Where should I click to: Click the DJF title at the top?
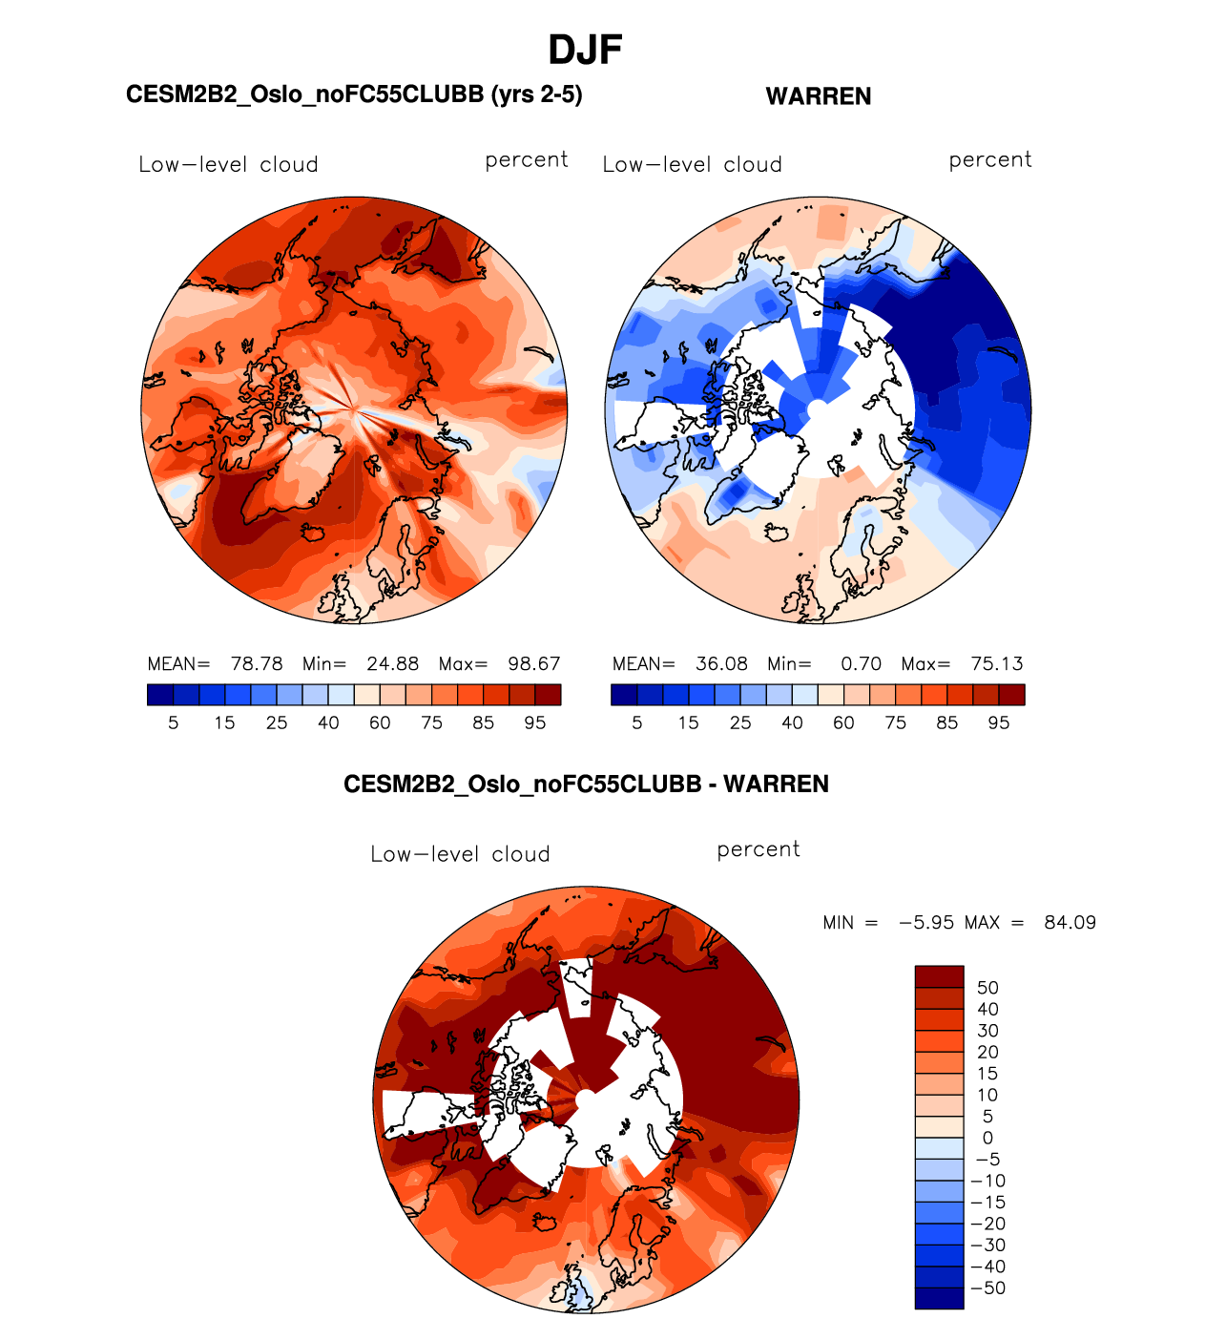585,51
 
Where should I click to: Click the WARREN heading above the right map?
819,96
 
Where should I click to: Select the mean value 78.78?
257,663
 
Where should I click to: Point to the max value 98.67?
534,663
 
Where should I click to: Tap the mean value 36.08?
721,663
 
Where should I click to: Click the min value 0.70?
861,663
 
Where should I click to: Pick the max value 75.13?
997,663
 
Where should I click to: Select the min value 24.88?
393,663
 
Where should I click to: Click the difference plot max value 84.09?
1070,923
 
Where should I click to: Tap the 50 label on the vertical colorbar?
987,988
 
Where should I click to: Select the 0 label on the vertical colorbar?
987,1138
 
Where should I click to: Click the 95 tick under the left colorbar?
535,722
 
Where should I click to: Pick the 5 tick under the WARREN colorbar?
637,722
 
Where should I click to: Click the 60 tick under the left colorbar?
380,722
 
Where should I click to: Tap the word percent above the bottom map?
758,849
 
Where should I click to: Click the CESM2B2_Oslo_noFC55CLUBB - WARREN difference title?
586,785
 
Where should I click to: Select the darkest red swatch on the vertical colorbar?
939,976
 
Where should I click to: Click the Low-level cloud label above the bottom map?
460,854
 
